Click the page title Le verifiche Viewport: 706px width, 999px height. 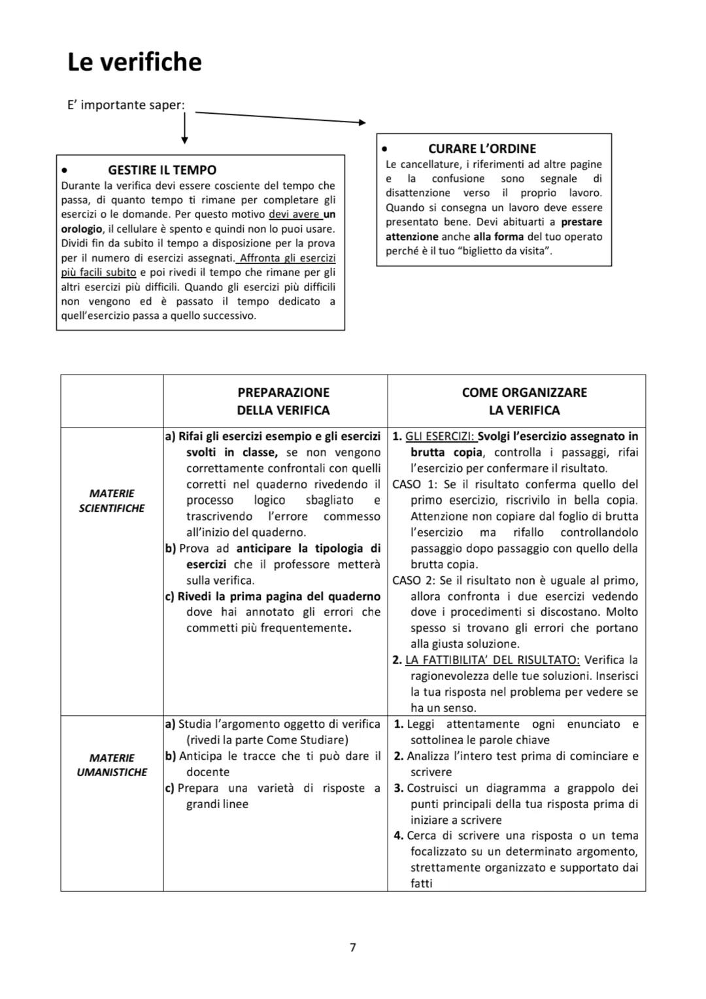click(135, 62)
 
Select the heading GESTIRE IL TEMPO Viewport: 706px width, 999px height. click(162, 170)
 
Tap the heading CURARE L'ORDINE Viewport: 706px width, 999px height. click(482, 148)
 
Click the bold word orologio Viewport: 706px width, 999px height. click(82, 229)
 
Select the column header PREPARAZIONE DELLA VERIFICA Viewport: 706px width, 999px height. click(283, 401)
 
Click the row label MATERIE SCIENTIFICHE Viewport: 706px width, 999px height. click(111, 501)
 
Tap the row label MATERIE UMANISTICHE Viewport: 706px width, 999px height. click(112, 765)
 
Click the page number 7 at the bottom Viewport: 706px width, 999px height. click(353, 947)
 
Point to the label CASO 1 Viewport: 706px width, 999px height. click(415, 484)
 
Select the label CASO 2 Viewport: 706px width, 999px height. click(415, 581)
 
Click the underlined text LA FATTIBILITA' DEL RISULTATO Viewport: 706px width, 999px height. click(492, 660)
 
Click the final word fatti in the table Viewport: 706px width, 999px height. click(422, 883)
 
